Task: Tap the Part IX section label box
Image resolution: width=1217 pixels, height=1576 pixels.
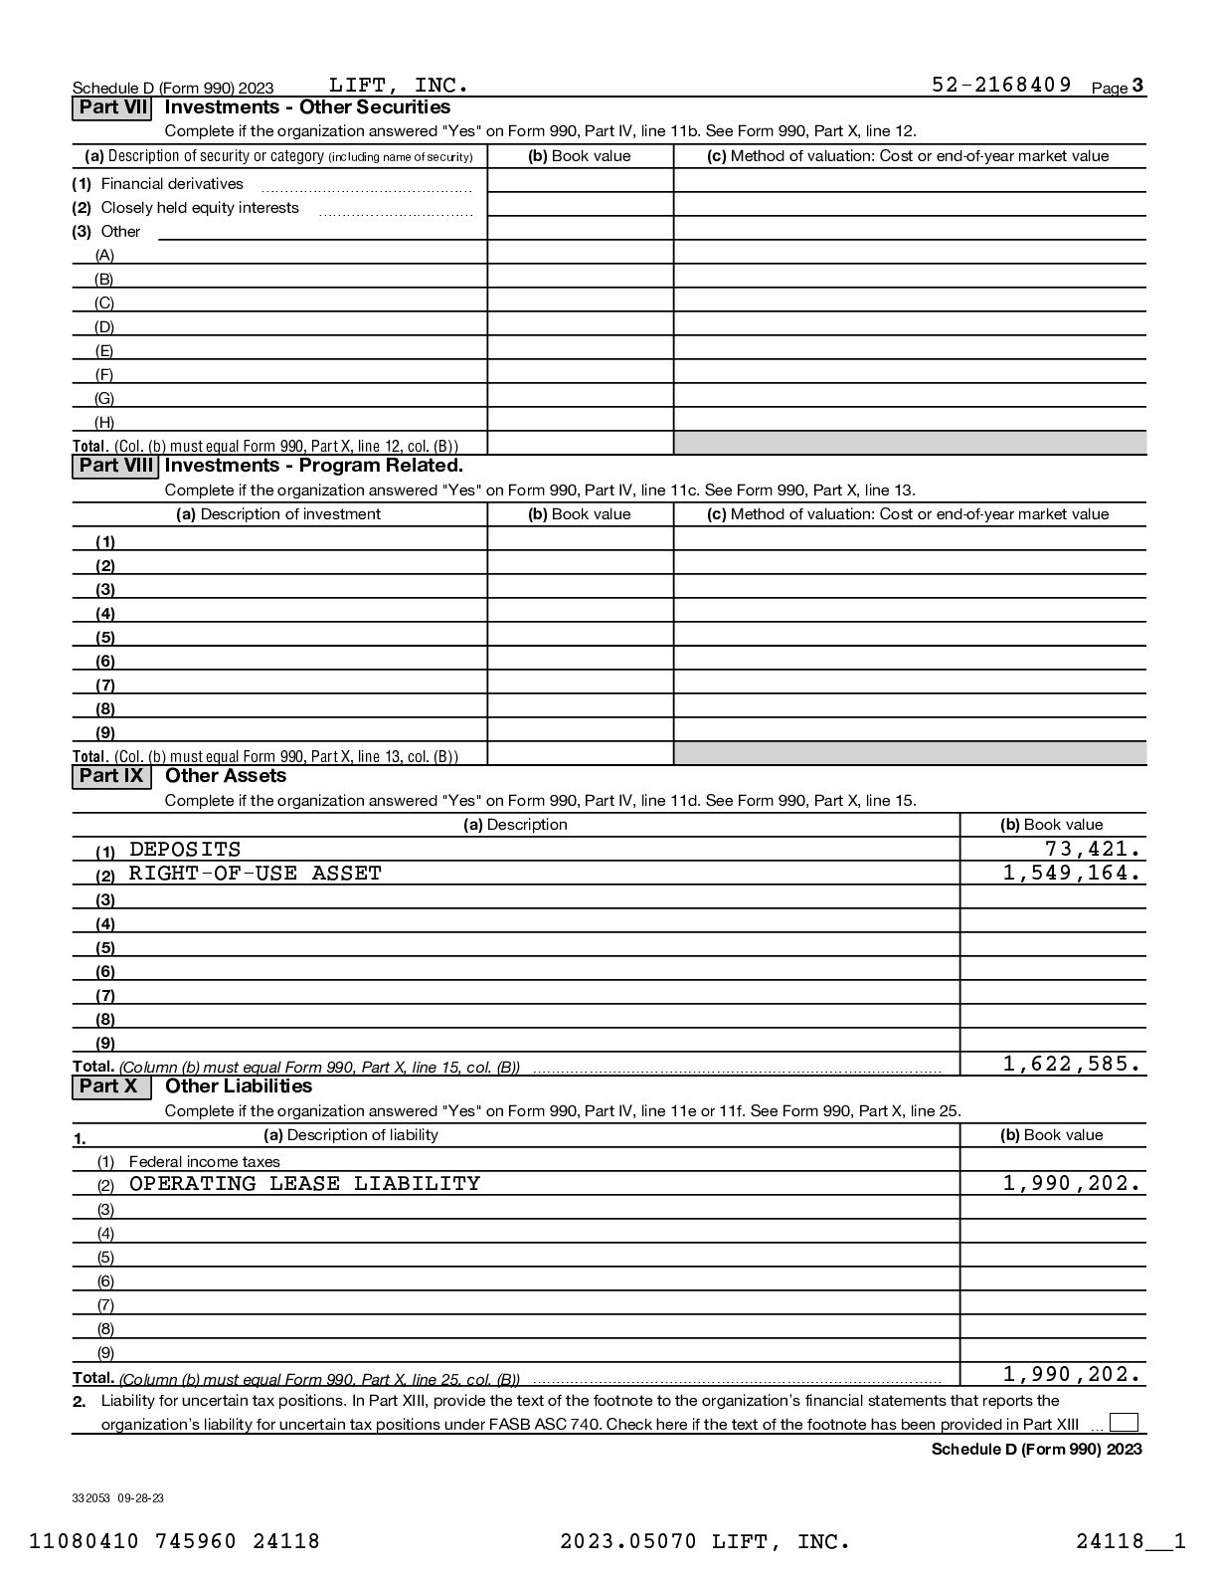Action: [x=111, y=776]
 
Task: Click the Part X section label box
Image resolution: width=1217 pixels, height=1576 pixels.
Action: [x=110, y=1086]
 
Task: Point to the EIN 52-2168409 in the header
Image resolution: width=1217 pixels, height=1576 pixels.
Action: [x=1001, y=85]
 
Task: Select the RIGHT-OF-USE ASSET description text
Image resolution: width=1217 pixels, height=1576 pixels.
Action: [x=256, y=874]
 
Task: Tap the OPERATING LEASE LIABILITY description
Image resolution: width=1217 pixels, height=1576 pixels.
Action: [x=304, y=1184]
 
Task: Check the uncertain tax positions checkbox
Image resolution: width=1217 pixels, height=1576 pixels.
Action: [x=1124, y=1423]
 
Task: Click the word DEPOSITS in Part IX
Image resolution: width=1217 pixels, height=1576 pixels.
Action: [x=185, y=850]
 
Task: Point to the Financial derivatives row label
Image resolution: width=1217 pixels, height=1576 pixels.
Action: [x=172, y=184]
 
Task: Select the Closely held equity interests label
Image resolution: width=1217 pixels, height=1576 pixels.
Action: [x=199, y=208]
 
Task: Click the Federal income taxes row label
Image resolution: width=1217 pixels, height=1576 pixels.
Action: [x=204, y=1161]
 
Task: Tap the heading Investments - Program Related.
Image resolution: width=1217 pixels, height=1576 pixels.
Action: [x=314, y=466]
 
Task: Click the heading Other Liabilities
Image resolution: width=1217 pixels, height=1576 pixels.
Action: [x=239, y=1086]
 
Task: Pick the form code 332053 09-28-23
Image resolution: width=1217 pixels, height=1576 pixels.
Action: [x=118, y=1497]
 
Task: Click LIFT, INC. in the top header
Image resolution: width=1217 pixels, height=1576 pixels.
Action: [x=398, y=85]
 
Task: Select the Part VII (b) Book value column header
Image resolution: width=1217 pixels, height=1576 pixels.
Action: [x=580, y=156]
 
